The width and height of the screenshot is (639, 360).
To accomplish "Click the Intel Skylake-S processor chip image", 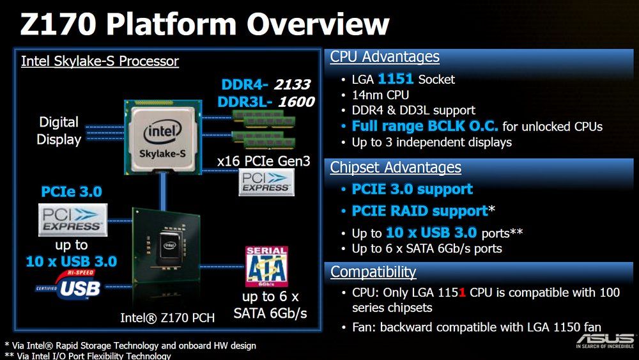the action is point(163,137).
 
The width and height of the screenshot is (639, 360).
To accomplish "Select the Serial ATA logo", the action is point(266,266).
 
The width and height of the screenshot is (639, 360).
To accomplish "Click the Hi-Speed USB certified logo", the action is point(69,285).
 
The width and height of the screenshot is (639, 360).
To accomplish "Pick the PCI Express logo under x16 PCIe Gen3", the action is point(266,182).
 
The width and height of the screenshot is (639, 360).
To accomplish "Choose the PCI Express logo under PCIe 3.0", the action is point(73,220).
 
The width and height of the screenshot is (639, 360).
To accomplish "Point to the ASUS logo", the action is point(604,340).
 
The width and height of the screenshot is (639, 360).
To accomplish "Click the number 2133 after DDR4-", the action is point(292,84).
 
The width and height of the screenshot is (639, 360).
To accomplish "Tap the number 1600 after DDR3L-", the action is point(296,102).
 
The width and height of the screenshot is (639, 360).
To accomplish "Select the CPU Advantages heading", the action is point(385,57).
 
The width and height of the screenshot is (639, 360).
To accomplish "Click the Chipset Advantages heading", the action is point(396,167).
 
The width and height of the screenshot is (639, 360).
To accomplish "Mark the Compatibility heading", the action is point(373,272).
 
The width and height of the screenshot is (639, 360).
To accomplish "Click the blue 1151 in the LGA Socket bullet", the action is point(396,79).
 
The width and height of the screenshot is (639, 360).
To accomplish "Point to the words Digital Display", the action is point(59,130).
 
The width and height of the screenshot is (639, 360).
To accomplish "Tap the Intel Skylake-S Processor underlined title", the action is point(100,61).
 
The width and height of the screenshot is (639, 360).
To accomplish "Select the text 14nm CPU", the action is point(380,95).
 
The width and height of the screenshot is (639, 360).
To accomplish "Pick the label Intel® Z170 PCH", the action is point(167,318).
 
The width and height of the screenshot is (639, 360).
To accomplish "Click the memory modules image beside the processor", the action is point(264,129).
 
